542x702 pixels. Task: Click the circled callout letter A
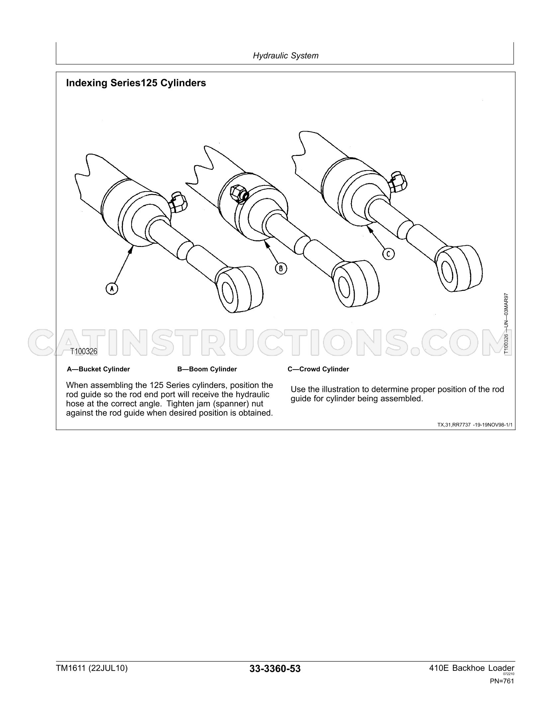[112, 289]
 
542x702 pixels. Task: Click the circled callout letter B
[281, 269]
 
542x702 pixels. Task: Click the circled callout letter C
[388, 254]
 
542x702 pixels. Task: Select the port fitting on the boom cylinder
[238, 193]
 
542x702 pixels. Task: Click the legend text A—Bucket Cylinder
[98, 369]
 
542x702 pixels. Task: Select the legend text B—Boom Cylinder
[207, 369]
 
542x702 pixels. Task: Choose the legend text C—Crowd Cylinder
[318, 369]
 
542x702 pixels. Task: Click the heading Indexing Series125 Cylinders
[136, 83]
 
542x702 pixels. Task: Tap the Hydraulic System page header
[286, 56]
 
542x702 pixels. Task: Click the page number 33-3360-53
[275, 668]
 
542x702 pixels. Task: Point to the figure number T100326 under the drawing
[83, 351]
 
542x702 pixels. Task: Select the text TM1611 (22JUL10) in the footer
[92, 668]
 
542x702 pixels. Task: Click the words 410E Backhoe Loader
[472, 668]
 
